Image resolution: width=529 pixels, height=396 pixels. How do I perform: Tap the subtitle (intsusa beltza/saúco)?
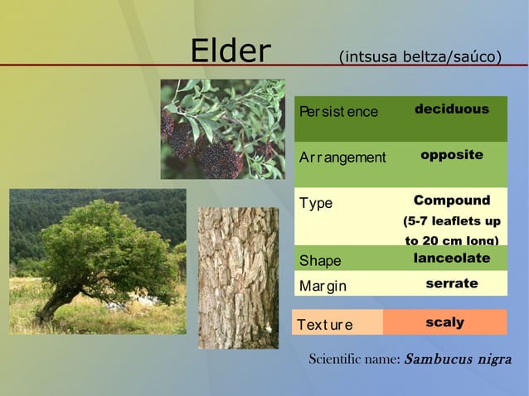tap(420, 56)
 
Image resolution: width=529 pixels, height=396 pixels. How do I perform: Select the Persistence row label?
tap(337, 112)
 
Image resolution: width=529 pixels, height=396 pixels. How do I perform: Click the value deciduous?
tap(451, 109)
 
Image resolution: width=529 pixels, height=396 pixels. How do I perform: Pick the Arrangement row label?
tap(343, 157)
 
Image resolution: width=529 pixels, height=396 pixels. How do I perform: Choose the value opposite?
tap(451, 155)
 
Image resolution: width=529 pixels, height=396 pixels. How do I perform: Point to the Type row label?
tap(316, 204)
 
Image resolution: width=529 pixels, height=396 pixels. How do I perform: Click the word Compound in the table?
tap(451, 200)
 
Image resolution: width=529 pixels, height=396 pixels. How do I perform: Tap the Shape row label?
tap(320, 261)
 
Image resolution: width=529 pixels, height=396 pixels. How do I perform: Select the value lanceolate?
tap(451, 258)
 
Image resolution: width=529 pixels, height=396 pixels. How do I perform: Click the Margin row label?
tap(323, 286)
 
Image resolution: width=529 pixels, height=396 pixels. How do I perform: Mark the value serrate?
tap(451, 283)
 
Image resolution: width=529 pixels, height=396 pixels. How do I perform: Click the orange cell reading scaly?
tap(444, 322)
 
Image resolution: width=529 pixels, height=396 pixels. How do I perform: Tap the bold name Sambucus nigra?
tap(459, 360)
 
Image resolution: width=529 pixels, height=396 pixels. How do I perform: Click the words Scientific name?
tap(354, 360)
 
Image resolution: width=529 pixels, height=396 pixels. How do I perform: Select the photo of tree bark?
tap(238, 278)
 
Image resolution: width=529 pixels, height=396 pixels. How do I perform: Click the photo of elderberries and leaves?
tap(222, 128)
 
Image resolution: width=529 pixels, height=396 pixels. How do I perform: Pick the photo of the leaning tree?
tap(97, 261)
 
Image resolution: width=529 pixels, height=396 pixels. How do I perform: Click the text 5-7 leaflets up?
tap(451, 222)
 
